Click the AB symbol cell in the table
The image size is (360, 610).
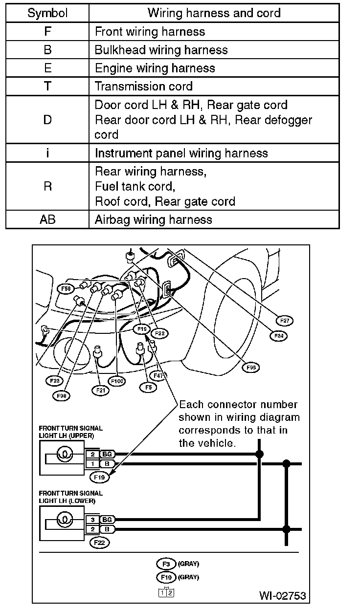pyautogui.click(x=47, y=219)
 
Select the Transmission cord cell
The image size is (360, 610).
pyautogui.click(x=144, y=87)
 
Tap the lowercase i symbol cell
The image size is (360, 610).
pyautogui.click(x=47, y=153)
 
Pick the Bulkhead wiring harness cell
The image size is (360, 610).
pyautogui.click(x=161, y=50)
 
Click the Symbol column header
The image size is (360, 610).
pyautogui.click(x=47, y=13)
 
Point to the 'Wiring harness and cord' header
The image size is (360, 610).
pyautogui.click(x=214, y=13)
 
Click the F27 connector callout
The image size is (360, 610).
pyautogui.click(x=284, y=321)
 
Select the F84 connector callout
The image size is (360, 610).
pyautogui.click(x=279, y=336)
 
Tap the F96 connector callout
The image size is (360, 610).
pyautogui.click(x=252, y=368)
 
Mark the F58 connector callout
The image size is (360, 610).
pyautogui.click(x=66, y=289)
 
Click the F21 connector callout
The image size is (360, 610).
pyautogui.click(x=100, y=390)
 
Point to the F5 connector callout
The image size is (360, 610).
pyautogui.click(x=148, y=387)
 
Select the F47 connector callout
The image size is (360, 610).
pyautogui.click(x=158, y=375)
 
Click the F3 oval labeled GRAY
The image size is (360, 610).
pyautogui.click(x=166, y=564)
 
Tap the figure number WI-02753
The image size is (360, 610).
pyautogui.click(x=283, y=595)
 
